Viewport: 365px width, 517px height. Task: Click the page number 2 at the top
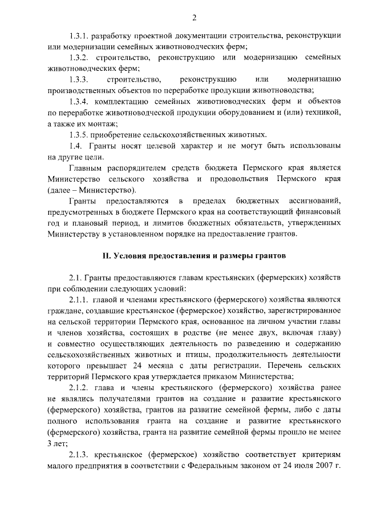[x=194, y=18]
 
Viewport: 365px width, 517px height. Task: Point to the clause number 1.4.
[x=75, y=146]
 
